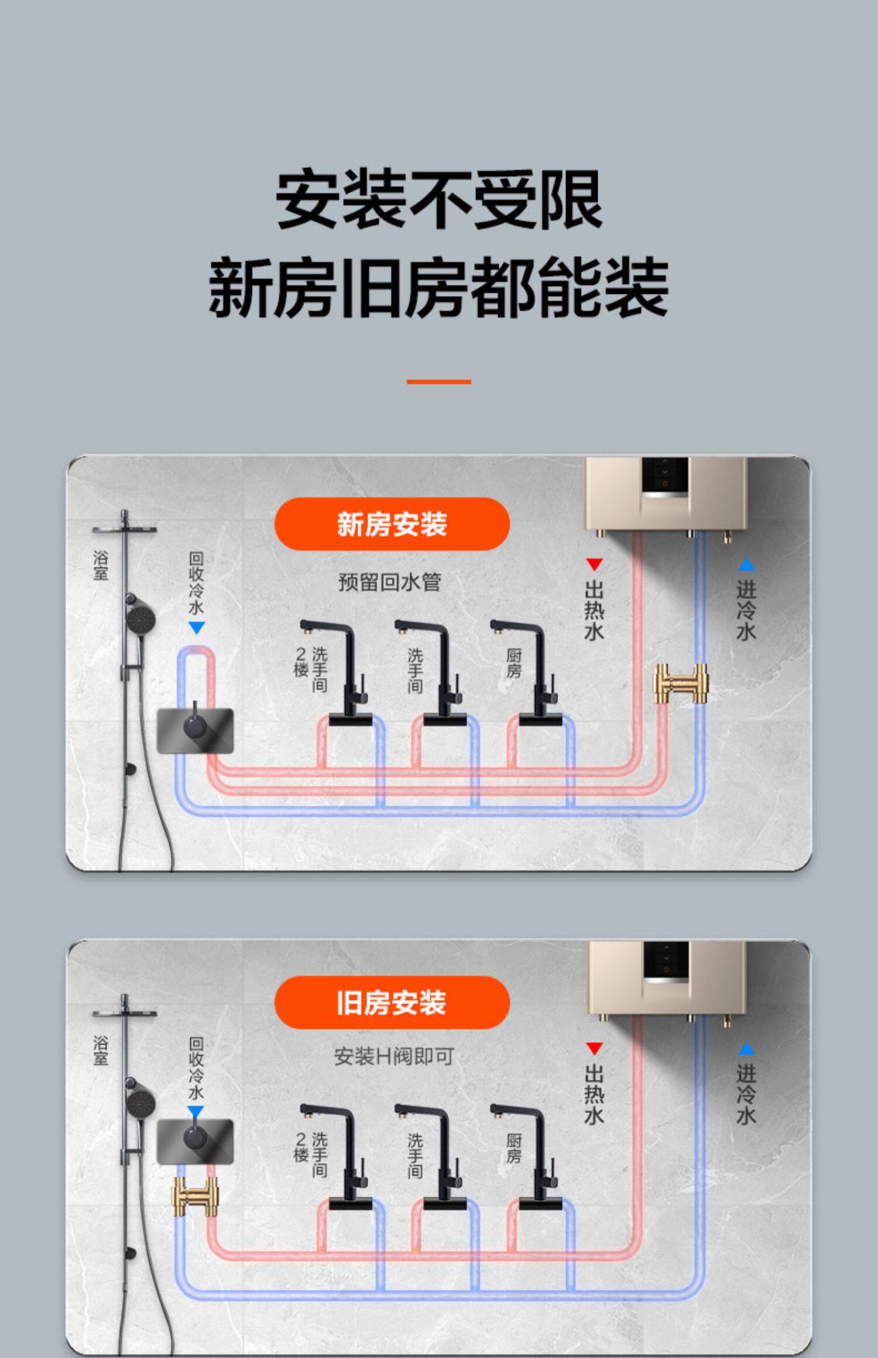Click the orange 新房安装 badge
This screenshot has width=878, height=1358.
(392, 523)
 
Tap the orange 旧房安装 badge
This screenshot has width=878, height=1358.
(392, 1002)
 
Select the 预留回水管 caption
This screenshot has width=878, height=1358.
(390, 583)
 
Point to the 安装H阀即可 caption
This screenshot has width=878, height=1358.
(394, 1056)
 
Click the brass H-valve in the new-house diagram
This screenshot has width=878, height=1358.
(680, 683)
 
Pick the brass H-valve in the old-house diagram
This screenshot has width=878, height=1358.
(195, 1197)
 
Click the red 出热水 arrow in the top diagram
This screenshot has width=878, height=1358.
(594, 564)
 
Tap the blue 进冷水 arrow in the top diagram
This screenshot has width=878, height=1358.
(746, 565)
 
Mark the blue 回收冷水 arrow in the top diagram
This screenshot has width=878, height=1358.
(197, 628)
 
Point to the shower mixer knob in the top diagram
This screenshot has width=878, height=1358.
(195, 726)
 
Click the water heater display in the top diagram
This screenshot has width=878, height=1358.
(665, 475)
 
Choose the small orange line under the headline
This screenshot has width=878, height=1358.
(438, 382)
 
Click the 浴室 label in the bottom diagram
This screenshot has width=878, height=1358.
(101, 1050)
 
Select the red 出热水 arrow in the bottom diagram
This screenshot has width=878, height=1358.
(594, 1049)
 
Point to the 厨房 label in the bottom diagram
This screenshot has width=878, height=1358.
(514, 1148)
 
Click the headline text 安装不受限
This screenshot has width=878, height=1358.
(438, 199)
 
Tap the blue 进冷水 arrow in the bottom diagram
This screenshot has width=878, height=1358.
(746, 1049)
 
